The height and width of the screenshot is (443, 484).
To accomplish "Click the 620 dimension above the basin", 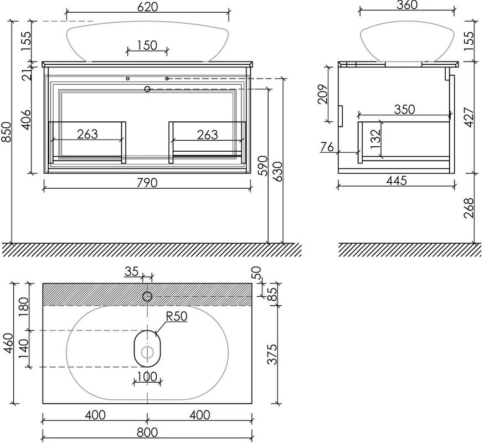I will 147,7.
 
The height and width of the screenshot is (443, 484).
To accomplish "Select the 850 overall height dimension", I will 7,132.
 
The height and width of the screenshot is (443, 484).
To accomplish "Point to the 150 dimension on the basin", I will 147,45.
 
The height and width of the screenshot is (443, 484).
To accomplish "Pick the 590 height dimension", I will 263,165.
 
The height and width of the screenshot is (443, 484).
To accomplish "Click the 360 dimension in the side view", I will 406,5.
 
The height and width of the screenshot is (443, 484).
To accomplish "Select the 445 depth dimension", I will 397,181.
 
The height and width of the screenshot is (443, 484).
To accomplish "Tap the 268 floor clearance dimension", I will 470,207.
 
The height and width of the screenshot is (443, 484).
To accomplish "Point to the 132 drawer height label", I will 375,141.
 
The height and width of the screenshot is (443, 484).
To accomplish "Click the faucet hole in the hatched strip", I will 147,296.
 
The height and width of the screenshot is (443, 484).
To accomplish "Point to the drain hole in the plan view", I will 147,352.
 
